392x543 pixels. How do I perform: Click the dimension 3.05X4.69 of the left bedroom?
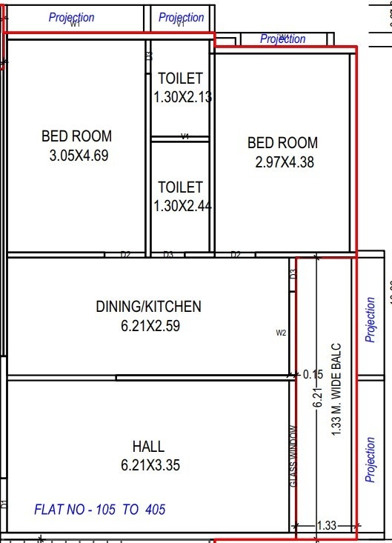76,156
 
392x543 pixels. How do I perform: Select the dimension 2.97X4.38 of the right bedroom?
283,162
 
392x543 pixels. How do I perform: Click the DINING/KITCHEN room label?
148,306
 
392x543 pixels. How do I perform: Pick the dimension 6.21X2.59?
148,325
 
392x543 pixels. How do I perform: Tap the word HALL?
148,447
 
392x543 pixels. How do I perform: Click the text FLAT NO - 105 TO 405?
100,510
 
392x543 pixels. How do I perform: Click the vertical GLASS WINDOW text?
293,456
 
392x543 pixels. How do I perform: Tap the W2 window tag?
281,333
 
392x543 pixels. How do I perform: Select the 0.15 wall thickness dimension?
313,375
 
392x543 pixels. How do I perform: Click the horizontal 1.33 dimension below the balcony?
326,526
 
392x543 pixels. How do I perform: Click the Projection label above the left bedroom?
71,17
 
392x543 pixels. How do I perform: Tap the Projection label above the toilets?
181,17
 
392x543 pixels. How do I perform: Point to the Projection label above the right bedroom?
282,39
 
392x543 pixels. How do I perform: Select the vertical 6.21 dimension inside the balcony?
316,399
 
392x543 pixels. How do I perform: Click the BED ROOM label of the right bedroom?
282,143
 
